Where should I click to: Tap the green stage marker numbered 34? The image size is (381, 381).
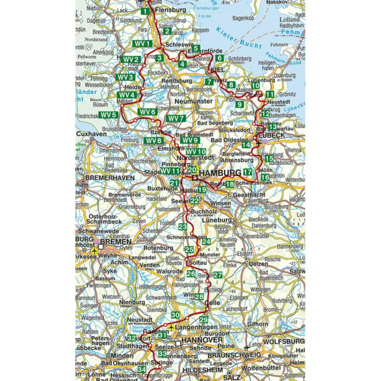[x=142, y=369]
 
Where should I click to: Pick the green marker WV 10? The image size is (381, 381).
[x=196, y=152]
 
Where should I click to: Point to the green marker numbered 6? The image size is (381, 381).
[x=219, y=58]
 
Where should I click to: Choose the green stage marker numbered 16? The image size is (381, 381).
[x=265, y=177]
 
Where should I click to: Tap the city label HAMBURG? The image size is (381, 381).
[x=220, y=173]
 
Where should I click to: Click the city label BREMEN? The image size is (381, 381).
[x=116, y=242]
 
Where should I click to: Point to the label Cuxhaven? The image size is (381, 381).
[x=92, y=134]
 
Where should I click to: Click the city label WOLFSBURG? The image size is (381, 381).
[x=284, y=341]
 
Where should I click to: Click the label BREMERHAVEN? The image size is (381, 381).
[x=110, y=178]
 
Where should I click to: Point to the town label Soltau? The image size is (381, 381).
[x=198, y=263]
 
